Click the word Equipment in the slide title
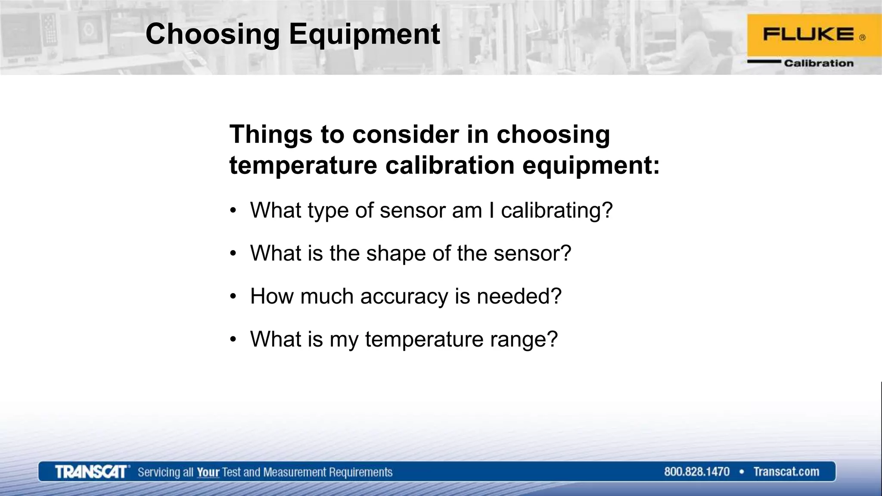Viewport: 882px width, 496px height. coord(364,34)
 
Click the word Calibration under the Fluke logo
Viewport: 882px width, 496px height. coord(818,63)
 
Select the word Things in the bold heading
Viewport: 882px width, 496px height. coord(271,134)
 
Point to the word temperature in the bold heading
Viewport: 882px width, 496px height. coord(303,165)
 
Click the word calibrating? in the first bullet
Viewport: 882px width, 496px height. coord(556,211)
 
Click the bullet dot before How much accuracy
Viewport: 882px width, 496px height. coord(233,297)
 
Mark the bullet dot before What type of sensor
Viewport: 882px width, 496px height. coord(233,211)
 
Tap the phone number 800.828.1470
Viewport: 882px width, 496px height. coord(696,472)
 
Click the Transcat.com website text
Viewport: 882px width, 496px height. coord(786,472)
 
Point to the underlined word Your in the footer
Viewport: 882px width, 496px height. coord(208,472)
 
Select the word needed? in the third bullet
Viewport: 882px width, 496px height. coord(519,297)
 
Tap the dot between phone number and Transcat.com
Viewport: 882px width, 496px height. coord(742,472)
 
